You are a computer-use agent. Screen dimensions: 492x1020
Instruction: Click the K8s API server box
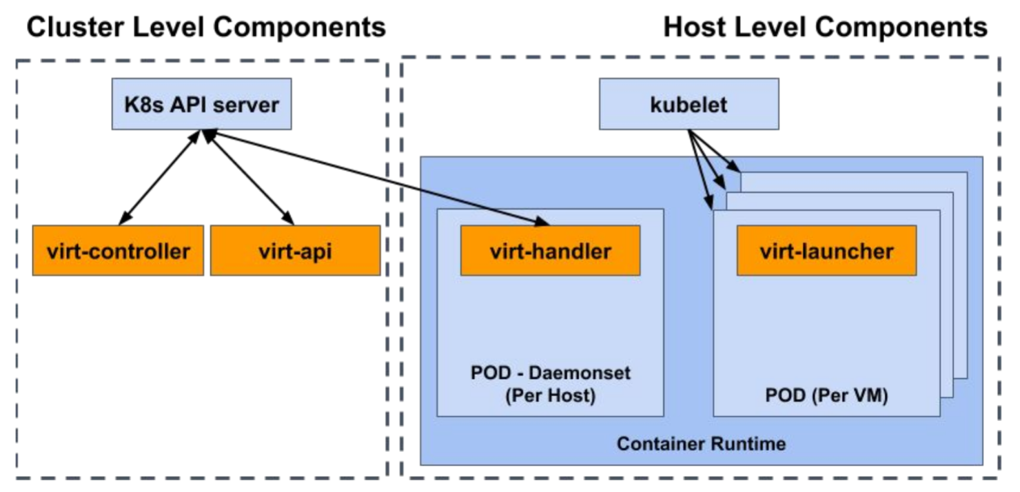201,104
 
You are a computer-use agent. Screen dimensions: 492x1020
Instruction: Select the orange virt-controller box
118,250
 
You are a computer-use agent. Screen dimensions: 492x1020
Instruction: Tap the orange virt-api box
295,250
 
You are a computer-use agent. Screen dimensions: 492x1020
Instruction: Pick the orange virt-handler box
550,250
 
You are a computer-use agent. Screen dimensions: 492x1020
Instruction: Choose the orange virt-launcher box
826,250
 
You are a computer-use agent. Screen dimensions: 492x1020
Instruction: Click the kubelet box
688,104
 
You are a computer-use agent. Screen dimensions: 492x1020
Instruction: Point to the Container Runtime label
701,443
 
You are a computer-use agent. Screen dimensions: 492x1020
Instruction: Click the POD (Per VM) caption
826,396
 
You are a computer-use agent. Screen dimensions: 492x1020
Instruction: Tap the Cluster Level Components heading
205,28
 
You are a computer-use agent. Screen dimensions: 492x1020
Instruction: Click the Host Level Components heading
825,28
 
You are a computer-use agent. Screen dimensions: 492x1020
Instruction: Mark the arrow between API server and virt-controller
159,178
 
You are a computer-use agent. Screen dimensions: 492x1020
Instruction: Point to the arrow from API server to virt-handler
376,178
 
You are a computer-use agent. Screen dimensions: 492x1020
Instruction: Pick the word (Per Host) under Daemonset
551,398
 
